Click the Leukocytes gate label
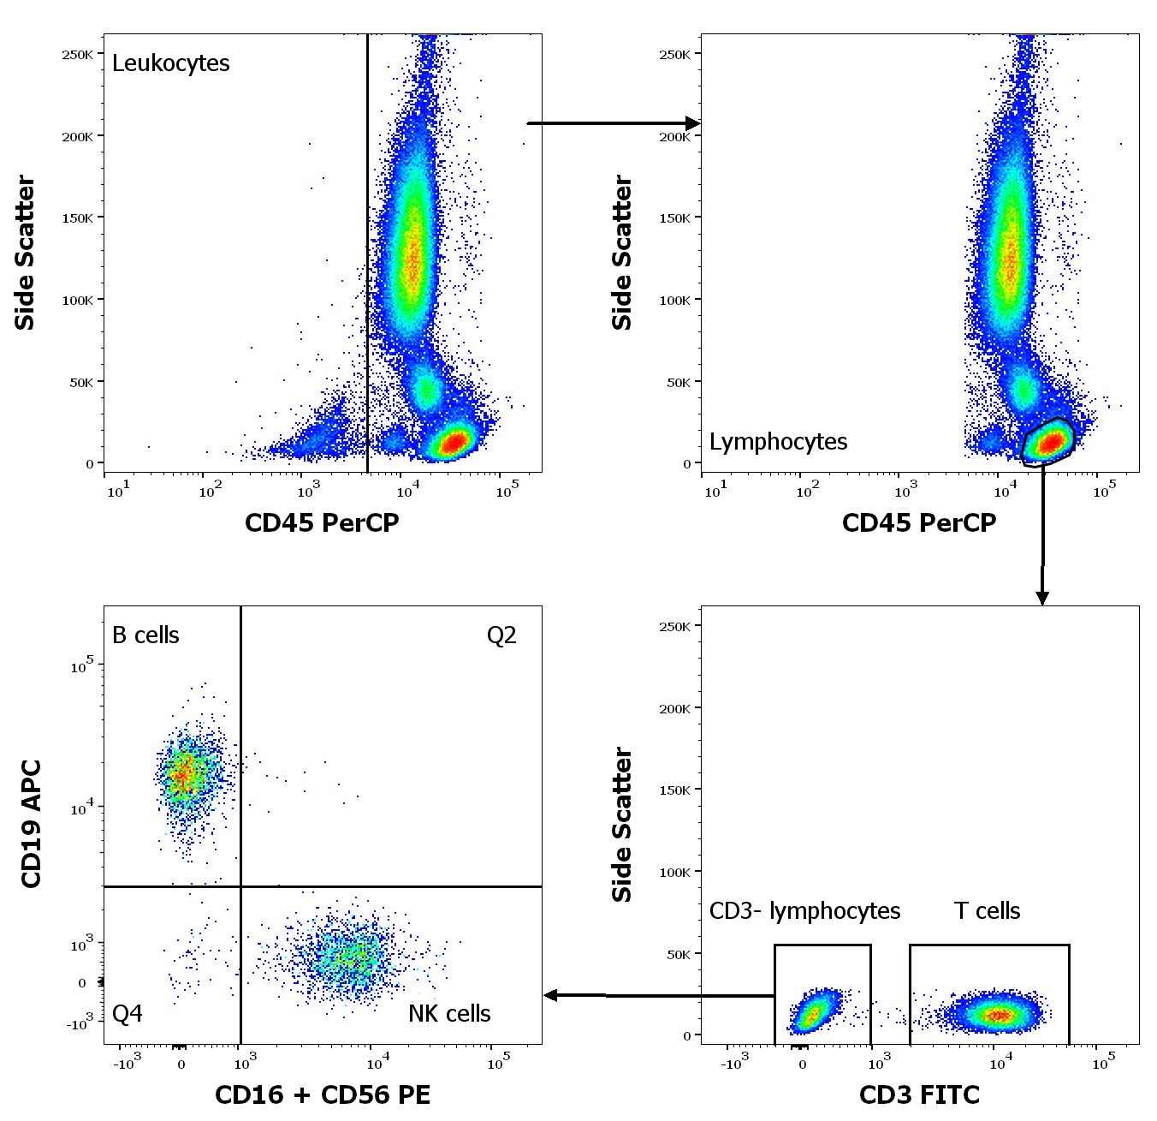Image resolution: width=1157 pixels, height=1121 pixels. (171, 63)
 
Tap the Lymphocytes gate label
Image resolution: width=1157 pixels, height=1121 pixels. (778, 442)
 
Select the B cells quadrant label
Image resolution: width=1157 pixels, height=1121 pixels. (145, 635)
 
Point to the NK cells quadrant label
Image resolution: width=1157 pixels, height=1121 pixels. (449, 1014)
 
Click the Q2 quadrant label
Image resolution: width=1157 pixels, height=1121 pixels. (501, 635)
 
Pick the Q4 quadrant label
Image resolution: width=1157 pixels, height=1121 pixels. (128, 1014)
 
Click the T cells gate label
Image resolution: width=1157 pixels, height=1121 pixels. (987, 911)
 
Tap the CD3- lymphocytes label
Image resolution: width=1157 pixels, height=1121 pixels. (804, 911)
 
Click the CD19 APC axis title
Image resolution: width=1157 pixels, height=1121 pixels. (31, 824)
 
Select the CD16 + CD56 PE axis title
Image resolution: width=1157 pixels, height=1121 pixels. (323, 1094)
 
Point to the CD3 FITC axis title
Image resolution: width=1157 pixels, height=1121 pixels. (919, 1094)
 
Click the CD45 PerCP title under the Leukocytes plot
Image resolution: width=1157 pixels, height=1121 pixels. (322, 522)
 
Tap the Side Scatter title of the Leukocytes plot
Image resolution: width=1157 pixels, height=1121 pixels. (25, 253)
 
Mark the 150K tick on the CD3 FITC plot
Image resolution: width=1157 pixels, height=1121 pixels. (674, 790)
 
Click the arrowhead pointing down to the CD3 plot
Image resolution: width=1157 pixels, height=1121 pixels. (1041, 597)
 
